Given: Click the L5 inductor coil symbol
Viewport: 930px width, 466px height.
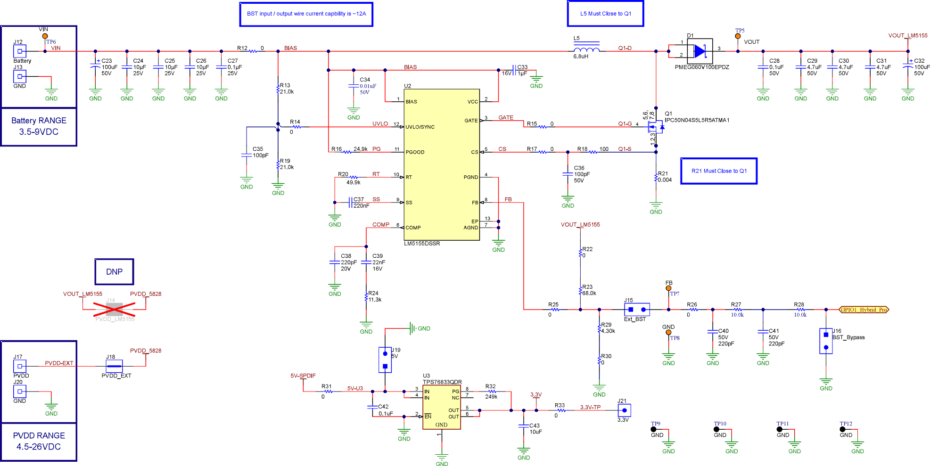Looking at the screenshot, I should pyautogui.click(x=586, y=49).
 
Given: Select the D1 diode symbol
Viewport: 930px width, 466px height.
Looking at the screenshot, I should pyautogui.click(x=700, y=51).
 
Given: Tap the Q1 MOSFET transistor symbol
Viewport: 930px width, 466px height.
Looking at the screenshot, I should pyautogui.click(x=656, y=127).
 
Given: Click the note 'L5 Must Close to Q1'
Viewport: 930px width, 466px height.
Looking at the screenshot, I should pyautogui.click(x=605, y=14).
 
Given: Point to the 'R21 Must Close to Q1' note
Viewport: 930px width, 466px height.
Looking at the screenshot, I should pyautogui.click(x=719, y=171).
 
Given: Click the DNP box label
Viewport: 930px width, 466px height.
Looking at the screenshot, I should pyautogui.click(x=114, y=272).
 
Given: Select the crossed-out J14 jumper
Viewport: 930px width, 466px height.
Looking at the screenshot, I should pyautogui.click(x=114, y=310).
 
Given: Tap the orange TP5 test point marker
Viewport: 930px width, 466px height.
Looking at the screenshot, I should pyautogui.click(x=738, y=36).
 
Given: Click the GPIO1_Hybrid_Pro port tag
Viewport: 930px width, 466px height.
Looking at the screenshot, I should pyautogui.click(x=864, y=310).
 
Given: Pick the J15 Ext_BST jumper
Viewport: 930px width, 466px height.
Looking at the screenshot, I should pyautogui.click(x=637, y=310).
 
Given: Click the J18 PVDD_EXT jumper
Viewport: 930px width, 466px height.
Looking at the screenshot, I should pyautogui.click(x=114, y=366).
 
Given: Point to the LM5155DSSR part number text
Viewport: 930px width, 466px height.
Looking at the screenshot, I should pyautogui.click(x=422, y=244).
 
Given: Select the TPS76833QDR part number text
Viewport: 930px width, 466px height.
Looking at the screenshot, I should pyautogui.click(x=442, y=382).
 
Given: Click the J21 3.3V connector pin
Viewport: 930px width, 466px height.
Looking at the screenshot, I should pyautogui.click(x=624, y=410).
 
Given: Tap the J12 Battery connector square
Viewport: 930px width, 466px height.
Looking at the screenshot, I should pyautogui.click(x=19, y=51).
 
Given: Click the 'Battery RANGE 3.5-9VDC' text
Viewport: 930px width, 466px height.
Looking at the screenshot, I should pyautogui.click(x=39, y=126).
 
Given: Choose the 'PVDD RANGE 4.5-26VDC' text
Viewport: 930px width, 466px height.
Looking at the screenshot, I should pyautogui.click(x=39, y=441).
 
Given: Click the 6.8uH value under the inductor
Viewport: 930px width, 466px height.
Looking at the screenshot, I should pyautogui.click(x=581, y=57).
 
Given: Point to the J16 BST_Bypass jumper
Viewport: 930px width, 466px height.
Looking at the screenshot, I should pyautogui.click(x=826, y=341).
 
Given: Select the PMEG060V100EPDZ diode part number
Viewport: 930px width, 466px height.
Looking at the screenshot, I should pyautogui.click(x=702, y=67).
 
